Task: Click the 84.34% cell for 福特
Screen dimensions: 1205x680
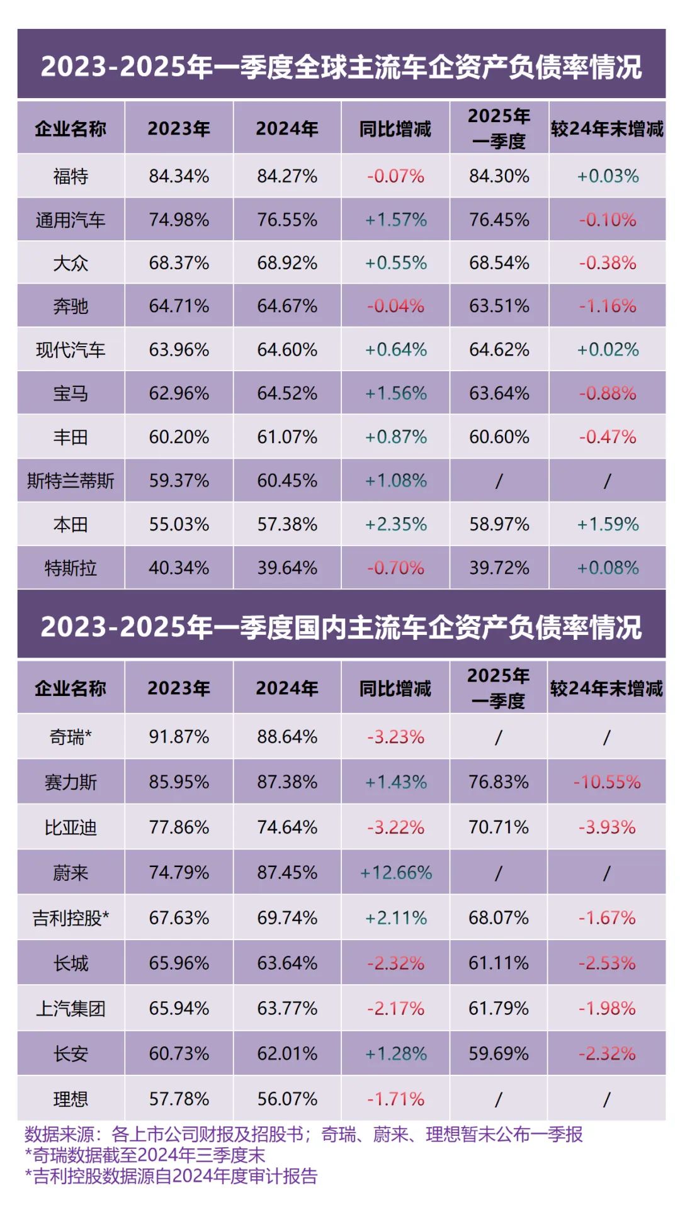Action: click(x=179, y=176)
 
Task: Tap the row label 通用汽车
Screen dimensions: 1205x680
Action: click(x=71, y=220)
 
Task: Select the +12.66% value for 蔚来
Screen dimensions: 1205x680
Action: click(x=395, y=873)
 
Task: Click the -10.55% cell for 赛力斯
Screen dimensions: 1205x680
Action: click(x=606, y=782)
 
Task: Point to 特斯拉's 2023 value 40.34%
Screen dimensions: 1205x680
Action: click(x=179, y=568)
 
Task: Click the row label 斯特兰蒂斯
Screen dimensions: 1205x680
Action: click(x=71, y=481)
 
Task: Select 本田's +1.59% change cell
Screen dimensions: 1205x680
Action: click(x=608, y=525)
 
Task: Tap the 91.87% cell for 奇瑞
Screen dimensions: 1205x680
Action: click(x=179, y=737)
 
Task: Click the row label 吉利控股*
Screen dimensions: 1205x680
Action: click(x=71, y=918)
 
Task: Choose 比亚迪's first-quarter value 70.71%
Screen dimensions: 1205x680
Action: click(x=499, y=827)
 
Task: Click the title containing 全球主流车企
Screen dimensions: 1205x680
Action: click(x=341, y=67)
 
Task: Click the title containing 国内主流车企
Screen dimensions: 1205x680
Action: click(x=341, y=627)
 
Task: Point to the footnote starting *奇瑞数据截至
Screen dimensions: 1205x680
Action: click(x=145, y=1155)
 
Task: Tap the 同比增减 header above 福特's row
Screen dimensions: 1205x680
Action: click(x=395, y=129)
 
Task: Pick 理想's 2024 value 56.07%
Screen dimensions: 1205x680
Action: click(x=287, y=1099)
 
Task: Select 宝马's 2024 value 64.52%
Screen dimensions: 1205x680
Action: click(x=287, y=394)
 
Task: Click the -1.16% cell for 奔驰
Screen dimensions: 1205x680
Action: click(x=608, y=306)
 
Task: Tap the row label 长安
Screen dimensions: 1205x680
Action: click(x=71, y=1054)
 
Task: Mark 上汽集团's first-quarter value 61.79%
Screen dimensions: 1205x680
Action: click(x=499, y=1009)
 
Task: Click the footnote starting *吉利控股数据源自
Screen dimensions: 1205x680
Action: click(x=171, y=1176)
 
